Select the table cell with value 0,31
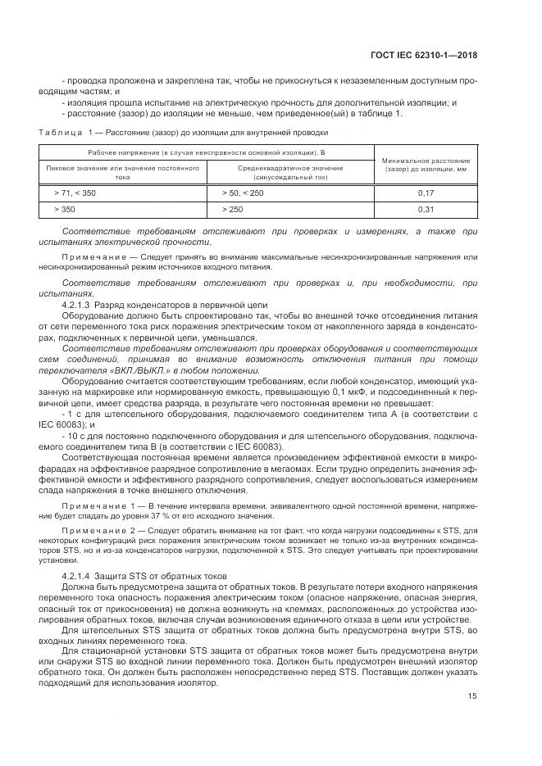click(426, 210)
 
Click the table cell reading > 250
click(233, 210)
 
